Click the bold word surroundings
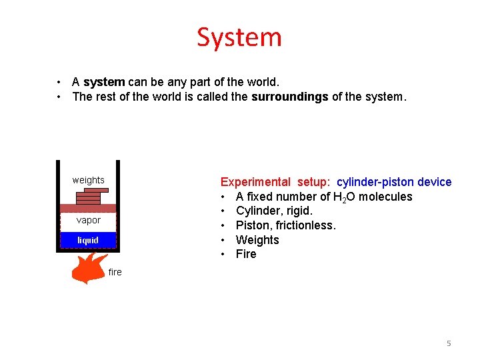[289, 97]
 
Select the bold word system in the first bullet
[104, 82]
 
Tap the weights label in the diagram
[88, 180]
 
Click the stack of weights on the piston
[90, 196]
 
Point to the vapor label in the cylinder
[88, 220]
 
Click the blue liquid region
[88, 240]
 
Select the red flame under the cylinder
[88, 268]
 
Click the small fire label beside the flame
[115, 272]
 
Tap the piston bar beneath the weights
[88, 208]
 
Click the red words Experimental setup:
[275, 182]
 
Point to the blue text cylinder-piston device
[394, 182]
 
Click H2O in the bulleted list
[345, 197]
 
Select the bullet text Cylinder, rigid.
[274, 211]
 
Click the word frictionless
[304, 225]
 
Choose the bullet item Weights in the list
[257, 240]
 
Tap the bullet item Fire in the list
[246, 254]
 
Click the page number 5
[449, 343]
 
